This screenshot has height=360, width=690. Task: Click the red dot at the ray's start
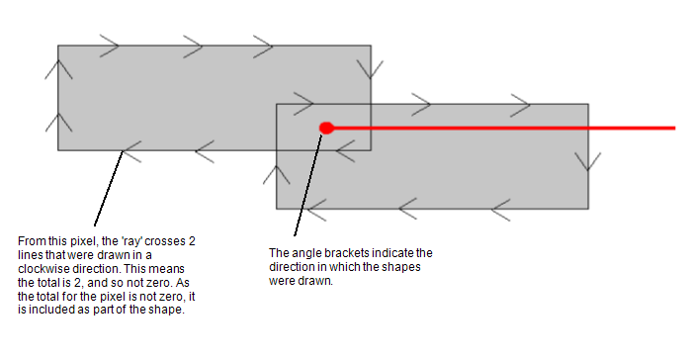(x=326, y=127)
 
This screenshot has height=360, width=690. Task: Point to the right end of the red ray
(x=674, y=127)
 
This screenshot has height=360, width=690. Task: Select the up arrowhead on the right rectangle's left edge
(x=277, y=174)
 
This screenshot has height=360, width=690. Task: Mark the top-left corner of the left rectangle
(x=58, y=45)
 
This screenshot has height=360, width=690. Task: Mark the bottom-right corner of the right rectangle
(x=588, y=209)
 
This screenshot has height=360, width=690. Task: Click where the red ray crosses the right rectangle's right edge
(x=588, y=127)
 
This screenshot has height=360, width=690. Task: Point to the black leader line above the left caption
(x=109, y=188)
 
